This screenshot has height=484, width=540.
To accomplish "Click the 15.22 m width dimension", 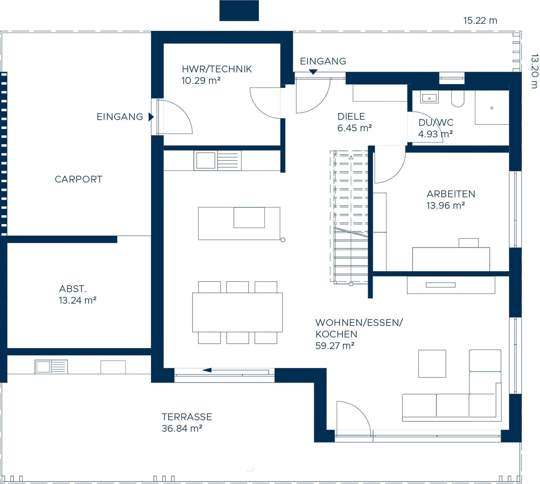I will click(480, 21).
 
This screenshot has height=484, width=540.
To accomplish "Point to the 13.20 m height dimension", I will click(534, 71).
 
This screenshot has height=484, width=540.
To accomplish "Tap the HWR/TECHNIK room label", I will click(217, 69).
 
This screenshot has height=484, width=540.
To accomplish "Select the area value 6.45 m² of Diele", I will click(354, 128).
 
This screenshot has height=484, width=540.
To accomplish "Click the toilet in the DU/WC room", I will click(458, 99).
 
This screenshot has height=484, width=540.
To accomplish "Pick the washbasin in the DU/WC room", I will click(429, 98).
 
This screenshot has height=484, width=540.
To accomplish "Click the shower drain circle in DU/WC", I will click(492, 108).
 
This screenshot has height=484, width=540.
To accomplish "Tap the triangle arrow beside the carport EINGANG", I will click(151, 117).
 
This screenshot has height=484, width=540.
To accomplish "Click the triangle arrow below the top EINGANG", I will click(313, 72).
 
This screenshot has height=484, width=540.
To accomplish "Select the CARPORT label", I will click(78, 179).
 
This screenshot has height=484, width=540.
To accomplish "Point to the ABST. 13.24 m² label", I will click(77, 295).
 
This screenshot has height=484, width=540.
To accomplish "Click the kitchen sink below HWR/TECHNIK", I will click(206, 160).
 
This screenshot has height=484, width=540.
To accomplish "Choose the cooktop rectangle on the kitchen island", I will click(249, 217).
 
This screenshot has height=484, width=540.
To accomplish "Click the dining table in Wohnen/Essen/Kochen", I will click(237, 312).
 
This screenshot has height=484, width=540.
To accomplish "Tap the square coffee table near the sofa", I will click(432, 363).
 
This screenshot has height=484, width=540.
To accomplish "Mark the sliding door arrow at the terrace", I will click(207, 370).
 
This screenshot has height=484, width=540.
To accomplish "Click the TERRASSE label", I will click(187, 417).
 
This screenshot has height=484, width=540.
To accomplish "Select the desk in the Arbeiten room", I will click(451, 259).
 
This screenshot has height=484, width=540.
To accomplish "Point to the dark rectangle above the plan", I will click(239, 11).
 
